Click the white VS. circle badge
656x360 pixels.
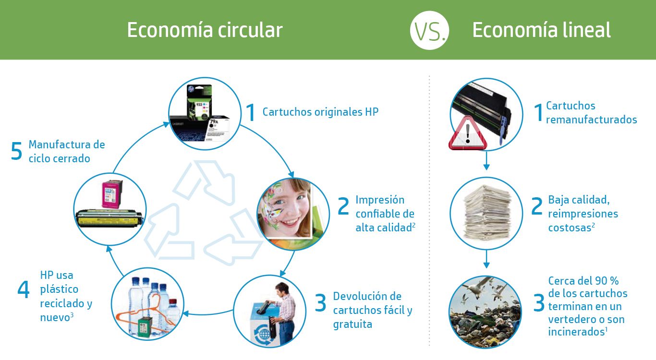coord(429,30)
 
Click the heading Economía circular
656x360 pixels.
coord(205,30)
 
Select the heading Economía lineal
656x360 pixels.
coord(541,30)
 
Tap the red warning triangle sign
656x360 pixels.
coord(468,133)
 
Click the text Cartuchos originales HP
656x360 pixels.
coord(320,112)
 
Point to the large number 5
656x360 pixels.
coord(16,151)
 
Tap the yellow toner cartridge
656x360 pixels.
coord(109,219)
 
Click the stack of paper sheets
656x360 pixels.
coord(487,213)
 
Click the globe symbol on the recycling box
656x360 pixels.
coord(265,334)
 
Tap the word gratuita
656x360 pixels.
coord(352,324)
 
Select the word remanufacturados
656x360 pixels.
coord(591,120)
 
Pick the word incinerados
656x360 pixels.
coord(575,332)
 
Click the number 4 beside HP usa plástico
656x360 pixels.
coord(24,289)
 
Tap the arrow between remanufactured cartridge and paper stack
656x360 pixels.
coord(486,160)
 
